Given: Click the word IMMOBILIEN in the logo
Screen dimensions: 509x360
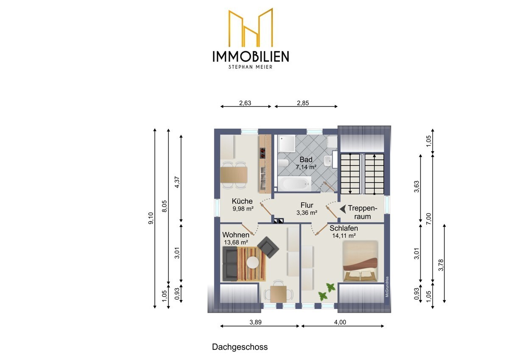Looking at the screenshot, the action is [x=251, y=56].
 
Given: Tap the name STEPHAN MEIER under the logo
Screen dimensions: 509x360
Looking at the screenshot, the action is [x=250, y=67].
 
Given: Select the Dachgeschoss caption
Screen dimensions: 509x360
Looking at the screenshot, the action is [x=240, y=347].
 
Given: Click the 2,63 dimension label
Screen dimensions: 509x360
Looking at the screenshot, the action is [x=245, y=103].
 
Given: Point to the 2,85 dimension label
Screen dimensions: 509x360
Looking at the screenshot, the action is [x=303, y=103].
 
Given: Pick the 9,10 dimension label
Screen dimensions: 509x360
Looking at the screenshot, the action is [x=151, y=218].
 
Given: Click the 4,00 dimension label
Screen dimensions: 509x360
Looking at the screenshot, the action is [x=340, y=322].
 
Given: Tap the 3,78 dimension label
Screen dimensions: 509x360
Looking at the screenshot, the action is [x=441, y=265].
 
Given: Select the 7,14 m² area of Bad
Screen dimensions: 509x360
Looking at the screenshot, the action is [x=306, y=167].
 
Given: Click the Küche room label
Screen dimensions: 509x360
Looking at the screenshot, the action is [x=242, y=201].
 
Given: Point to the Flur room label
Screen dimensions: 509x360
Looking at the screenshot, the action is [x=307, y=205].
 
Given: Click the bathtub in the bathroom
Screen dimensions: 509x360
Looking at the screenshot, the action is [x=295, y=183].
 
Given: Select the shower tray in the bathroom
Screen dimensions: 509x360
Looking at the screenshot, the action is [x=287, y=143].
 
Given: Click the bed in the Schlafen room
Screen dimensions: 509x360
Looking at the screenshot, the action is [x=360, y=261].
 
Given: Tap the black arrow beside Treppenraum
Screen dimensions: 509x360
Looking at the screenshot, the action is [x=343, y=209].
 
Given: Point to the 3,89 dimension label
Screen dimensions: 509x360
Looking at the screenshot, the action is [x=256, y=322].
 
